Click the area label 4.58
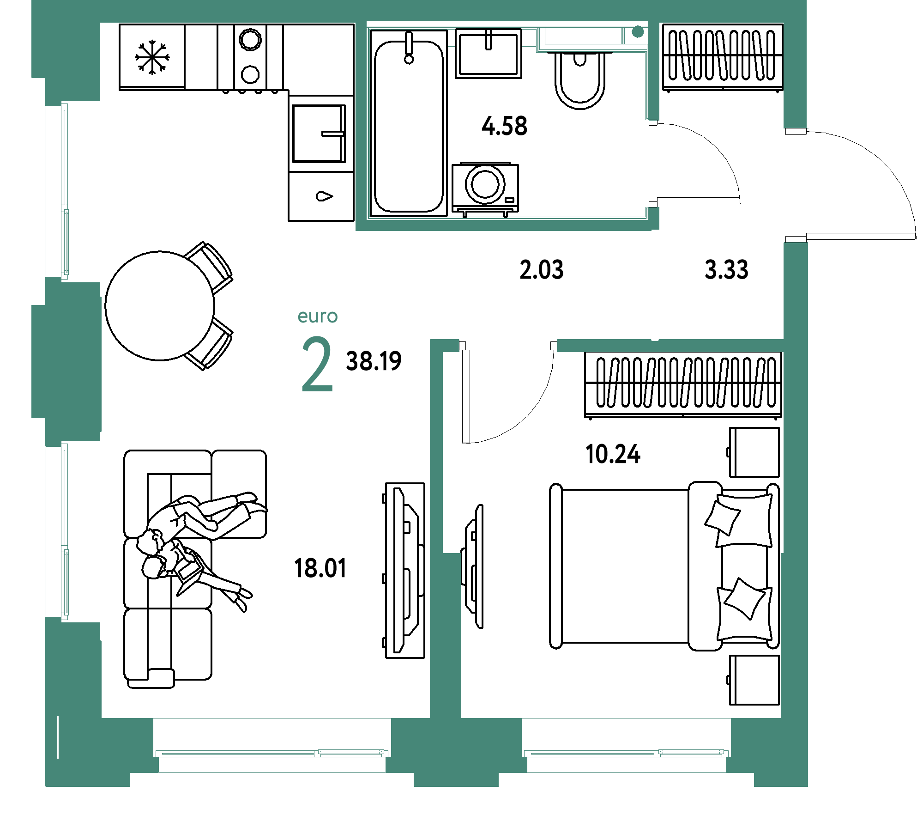tap(504, 126)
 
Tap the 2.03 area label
tap(541, 270)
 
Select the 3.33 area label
tap(726, 270)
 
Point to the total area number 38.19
tap(374, 361)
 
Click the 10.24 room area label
tap(613, 454)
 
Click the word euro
tap(318, 317)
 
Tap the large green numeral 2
tap(317, 365)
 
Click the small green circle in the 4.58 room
tap(638, 32)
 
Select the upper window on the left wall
tap(65, 191)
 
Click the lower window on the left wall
tap(65, 531)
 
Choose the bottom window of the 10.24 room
tap(626, 753)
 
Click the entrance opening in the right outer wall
tap(795, 185)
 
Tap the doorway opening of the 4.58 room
tap(652, 164)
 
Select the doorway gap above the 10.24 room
tap(508, 345)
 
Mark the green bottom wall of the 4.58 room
tap(503, 225)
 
